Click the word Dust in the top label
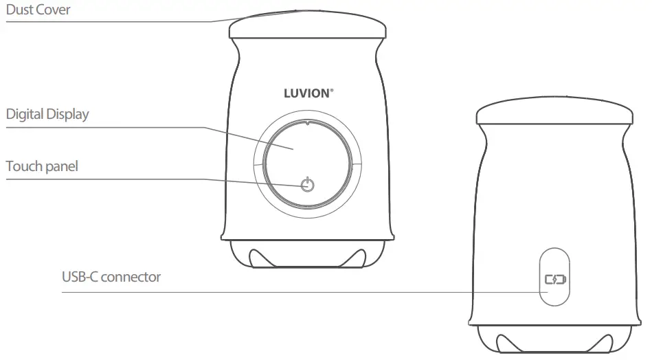pos(21,10)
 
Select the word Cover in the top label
pos(54,10)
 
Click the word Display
pos(67,114)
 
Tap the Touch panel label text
pos(42,166)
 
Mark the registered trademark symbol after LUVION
pos(333,89)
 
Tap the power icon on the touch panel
pos(308,185)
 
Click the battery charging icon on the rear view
pos(554,280)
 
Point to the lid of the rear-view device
pos(554,114)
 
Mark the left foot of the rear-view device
pos(507,341)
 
